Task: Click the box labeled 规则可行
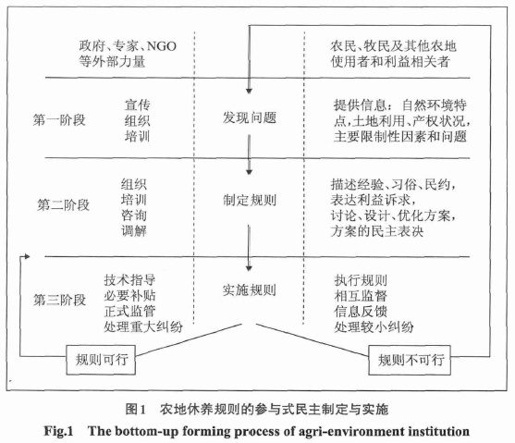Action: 101,360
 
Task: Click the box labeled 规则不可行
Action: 410,360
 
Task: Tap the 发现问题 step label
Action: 250,117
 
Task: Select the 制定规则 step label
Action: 250,200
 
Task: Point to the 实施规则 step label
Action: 250,290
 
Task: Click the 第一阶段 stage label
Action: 59,120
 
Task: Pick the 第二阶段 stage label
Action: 63,204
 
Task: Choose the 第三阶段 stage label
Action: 59,300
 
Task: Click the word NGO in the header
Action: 161,46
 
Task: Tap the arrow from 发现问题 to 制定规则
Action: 250,154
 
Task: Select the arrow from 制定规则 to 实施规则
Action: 250,248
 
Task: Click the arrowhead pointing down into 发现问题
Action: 250,91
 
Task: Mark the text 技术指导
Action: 129,280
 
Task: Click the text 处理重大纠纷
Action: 143,326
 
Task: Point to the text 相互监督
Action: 361,296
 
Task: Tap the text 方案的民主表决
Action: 377,231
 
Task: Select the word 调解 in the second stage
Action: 134,230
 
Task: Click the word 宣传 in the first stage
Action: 137,105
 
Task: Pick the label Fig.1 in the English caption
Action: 58,431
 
